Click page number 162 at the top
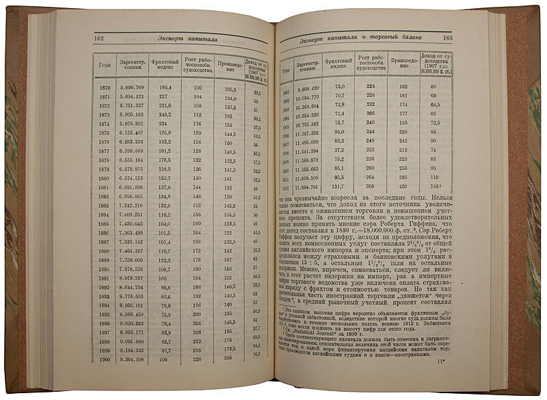[x=100, y=39]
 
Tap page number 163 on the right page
[x=448, y=38]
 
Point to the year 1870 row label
[x=105, y=88]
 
